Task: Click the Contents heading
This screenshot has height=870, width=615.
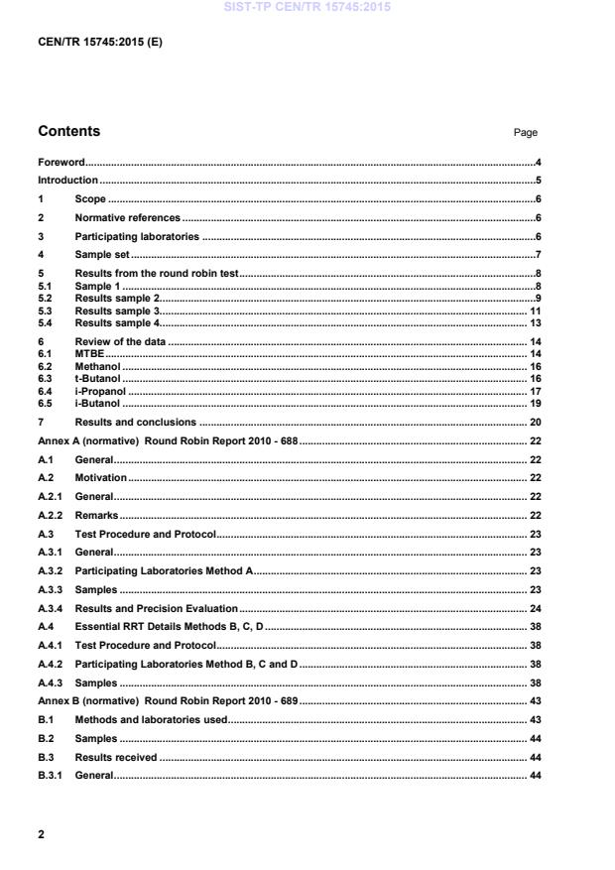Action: pyautogui.click(x=68, y=131)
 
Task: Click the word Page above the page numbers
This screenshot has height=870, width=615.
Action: pyautogui.click(x=526, y=133)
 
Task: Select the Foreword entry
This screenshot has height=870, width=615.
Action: pyautogui.click(x=61, y=162)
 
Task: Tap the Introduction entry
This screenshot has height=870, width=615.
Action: pyautogui.click(x=67, y=181)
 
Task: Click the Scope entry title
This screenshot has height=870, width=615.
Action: pyautogui.click(x=90, y=199)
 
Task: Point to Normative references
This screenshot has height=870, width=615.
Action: pyautogui.click(x=127, y=217)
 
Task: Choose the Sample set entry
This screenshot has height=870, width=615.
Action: pyautogui.click(x=102, y=255)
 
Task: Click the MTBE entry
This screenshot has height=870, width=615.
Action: pyautogui.click(x=89, y=352)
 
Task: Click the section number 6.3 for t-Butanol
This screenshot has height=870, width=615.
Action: pyautogui.click(x=45, y=378)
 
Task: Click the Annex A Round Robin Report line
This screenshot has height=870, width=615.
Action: pyautogui.click(x=168, y=440)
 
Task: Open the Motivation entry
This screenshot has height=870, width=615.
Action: pyautogui.click(x=100, y=478)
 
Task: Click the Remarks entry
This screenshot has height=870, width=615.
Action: pyautogui.click(x=96, y=516)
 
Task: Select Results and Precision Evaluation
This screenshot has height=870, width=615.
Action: pyautogui.click(x=156, y=608)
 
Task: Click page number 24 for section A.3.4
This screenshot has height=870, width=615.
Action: pyautogui.click(x=534, y=608)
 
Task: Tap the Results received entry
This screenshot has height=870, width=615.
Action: pyautogui.click(x=115, y=757)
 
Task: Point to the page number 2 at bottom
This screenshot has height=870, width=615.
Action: pyautogui.click(x=41, y=834)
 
